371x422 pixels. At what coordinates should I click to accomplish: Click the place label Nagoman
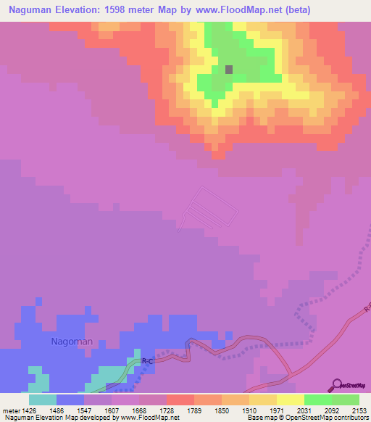pyautogui.click(x=72, y=340)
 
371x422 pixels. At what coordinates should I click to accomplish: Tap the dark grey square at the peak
pyautogui.click(x=229, y=70)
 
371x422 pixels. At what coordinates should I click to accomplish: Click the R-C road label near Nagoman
pyautogui.click(x=147, y=360)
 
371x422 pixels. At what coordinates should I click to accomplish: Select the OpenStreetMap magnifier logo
pyautogui.click(x=335, y=384)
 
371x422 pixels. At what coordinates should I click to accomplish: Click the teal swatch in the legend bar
pyautogui.click(x=43, y=400)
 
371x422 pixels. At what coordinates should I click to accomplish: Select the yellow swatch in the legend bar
pyautogui.click(x=291, y=400)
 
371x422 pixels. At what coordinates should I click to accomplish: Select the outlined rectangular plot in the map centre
pyautogui.click(x=209, y=210)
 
